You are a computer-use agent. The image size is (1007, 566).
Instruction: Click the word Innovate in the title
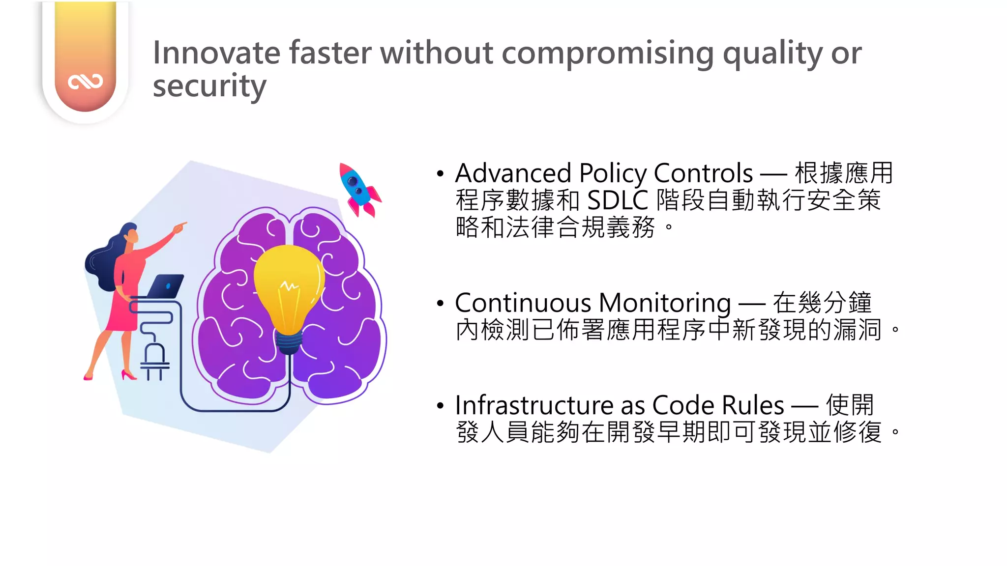pyautogui.click(x=216, y=53)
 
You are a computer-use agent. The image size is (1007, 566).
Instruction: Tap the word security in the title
pyautogui.click(x=209, y=86)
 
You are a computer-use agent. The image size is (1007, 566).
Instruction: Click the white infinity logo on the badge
pyautogui.click(x=86, y=82)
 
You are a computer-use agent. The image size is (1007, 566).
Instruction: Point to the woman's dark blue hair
pyautogui.click(x=103, y=260)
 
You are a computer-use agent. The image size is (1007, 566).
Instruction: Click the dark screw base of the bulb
pyautogui.click(x=289, y=342)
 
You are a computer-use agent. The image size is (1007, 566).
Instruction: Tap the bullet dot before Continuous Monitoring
pyautogui.click(x=440, y=303)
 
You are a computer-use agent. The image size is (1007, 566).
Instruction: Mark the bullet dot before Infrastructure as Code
pyautogui.click(x=440, y=406)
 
